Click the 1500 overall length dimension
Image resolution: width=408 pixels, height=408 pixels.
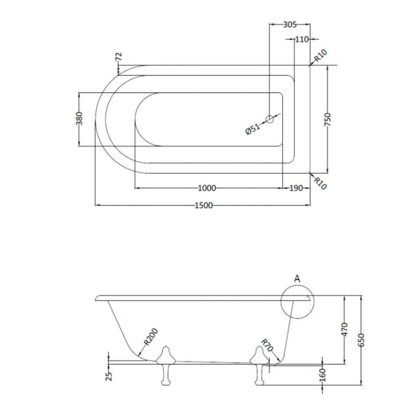pos(204,205)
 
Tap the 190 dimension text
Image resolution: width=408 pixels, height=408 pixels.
pos(296,188)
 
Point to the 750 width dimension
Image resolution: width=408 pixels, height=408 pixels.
pos(328,119)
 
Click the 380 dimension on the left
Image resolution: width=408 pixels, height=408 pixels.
pos(80,119)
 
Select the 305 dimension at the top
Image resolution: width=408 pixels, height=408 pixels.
pos(289,24)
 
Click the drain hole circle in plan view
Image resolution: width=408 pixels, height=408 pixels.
pos(270,118)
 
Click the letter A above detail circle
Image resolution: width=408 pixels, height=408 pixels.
pos(297,278)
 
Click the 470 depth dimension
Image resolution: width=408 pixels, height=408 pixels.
pos(344,329)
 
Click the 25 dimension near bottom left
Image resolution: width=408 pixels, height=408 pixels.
pos(109,375)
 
